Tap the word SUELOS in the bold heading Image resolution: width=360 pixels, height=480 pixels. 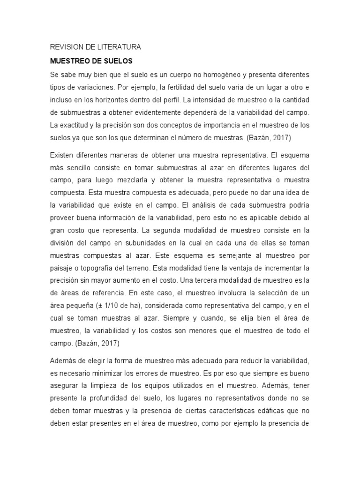[x=117, y=61]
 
